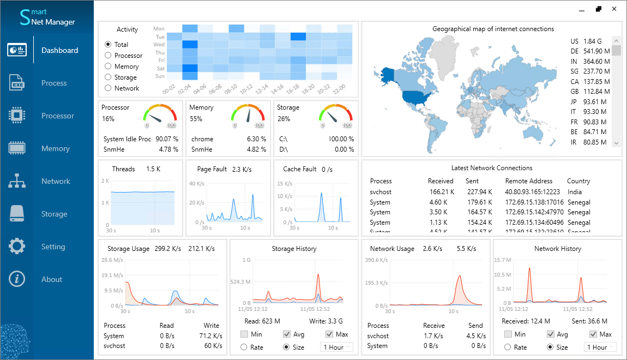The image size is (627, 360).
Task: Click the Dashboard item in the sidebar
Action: click(x=59, y=50)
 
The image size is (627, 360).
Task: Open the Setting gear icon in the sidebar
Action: click(x=17, y=247)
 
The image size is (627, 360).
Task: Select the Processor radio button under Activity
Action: click(x=108, y=56)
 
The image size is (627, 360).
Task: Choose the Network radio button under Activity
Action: click(x=108, y=88)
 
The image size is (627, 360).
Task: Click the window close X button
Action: click(x=614, y=9)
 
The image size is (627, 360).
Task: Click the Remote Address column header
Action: click(x=528, y=181)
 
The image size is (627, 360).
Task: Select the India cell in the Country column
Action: click(x=574, y=192)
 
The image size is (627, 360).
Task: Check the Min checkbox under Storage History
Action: click(x=244, y=334)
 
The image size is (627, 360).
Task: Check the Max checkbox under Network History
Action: click(x=593, y=334)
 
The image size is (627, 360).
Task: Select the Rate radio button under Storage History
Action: click(x=244, y=347)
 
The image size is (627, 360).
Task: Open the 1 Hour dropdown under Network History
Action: click(x=600, y=347)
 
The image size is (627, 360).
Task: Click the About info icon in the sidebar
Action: click(x=17, y=279)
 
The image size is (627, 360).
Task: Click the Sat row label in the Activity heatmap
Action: click(x=160, y=69)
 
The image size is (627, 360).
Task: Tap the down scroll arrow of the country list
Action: click(x=617, y=143)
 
